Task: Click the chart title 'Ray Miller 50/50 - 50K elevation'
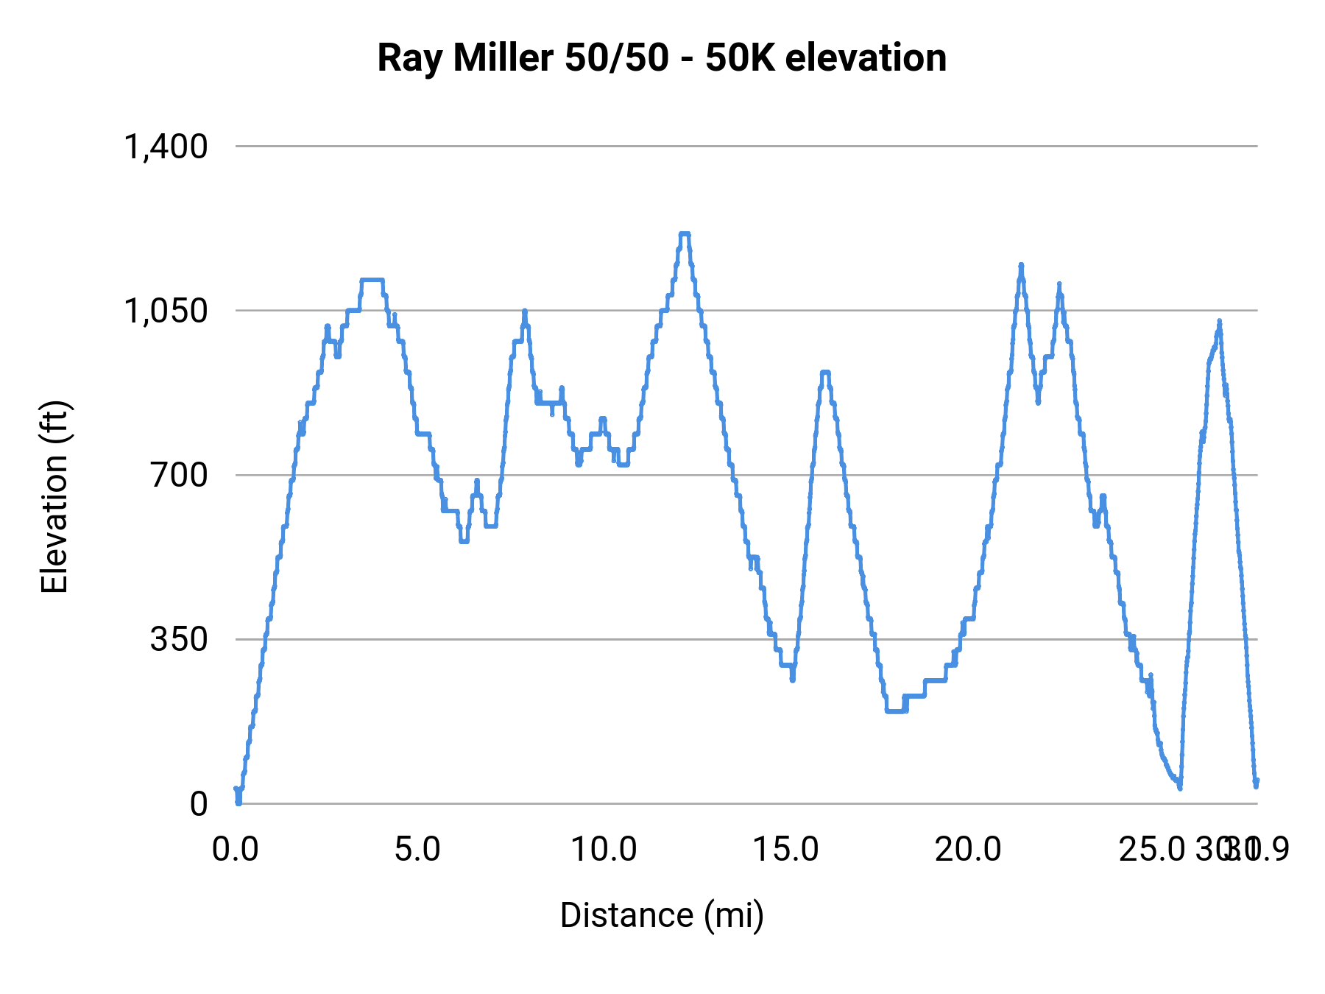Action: pos(662,57)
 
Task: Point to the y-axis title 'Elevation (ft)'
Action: pos(54,497)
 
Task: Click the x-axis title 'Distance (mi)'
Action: pos(662,915)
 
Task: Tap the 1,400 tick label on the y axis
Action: pos(166,147)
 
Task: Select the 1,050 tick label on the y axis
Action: pos(166,311)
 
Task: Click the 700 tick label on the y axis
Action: pos(180,475)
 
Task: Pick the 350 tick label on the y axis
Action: pos(180,639)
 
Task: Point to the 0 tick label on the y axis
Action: pos(199,804)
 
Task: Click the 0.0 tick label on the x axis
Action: pos(236,850)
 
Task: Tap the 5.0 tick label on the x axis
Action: pos(417,850)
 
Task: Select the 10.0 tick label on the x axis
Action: pos(604,850)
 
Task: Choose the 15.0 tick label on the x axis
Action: pos(786,850)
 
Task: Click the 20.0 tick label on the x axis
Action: pos(968,850)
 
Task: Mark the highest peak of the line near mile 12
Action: pos(685,234)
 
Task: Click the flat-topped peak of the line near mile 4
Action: pos(372,280)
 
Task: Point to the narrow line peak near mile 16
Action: pos(825,373)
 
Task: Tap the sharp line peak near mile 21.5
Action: pos(1021,265)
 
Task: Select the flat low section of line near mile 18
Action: pos(895,711)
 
